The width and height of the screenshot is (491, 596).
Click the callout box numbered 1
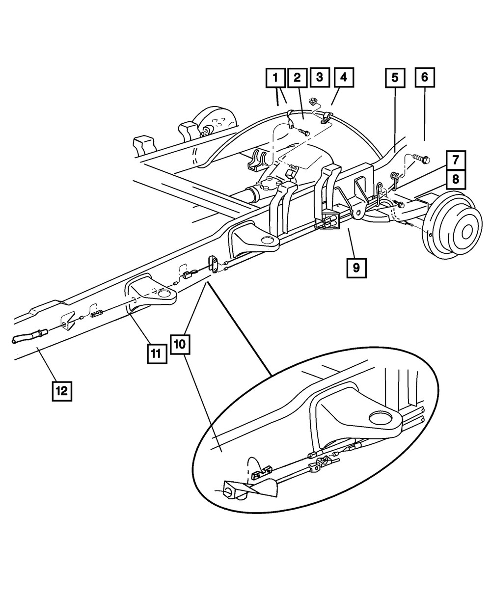point(275,78)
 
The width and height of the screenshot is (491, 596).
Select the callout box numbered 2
point(297,78)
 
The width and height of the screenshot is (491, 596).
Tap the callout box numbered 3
point(319,78)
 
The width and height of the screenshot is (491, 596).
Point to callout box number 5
point(395,78)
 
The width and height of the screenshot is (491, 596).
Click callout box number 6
point(425,78)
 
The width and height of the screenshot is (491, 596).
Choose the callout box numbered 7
point(456,160)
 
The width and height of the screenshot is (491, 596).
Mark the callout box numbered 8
point(456,180)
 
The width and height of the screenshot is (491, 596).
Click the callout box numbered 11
point(156,353)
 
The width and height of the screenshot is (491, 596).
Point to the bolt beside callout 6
point(421,159)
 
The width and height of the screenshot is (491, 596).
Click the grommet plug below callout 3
point(312,102)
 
